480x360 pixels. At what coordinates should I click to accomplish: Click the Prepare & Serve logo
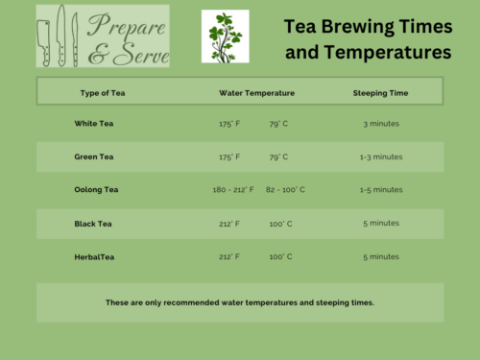point(102,36)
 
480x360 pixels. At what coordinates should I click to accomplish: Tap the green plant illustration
point(225,36)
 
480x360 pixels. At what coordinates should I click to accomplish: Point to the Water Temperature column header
point(256,93)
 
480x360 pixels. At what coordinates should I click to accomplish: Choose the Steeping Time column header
point(381,93)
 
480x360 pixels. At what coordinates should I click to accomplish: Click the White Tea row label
point(94,124)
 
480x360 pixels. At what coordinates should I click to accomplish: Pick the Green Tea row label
point(95,156)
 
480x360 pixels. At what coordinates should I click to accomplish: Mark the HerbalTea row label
point(94,257)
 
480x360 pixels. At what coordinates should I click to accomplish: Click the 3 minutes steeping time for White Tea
point(381,124)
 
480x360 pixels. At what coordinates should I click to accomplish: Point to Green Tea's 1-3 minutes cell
point(381,156)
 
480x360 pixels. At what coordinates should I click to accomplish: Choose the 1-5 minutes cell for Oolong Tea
point(381,190)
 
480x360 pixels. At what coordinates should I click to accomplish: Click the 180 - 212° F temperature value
point(233,190)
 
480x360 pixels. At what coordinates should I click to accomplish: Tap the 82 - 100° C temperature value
point(285,190)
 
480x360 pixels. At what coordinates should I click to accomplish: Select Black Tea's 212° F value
point(229,224)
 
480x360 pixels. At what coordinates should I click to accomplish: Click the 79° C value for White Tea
point(280,124)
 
